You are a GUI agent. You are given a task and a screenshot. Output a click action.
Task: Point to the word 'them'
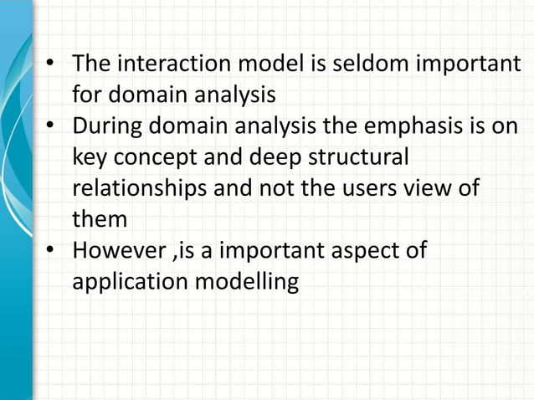click(x=100, y=219)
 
